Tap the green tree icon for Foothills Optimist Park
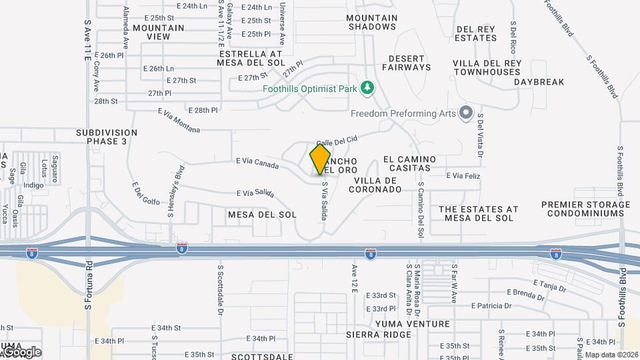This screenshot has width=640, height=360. click(366, 87)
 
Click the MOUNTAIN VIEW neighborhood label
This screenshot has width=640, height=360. click(159, 33)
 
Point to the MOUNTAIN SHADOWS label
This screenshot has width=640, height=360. click(372, 23)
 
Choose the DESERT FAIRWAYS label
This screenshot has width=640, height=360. click(407, 63)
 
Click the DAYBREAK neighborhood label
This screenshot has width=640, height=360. click(539, 82)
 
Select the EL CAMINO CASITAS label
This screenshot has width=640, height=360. click(410, 164)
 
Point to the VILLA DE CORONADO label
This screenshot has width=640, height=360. click(378, 185)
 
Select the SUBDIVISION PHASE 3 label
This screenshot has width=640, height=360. click(106, 137)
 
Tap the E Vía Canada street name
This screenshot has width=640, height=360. click(257, 163)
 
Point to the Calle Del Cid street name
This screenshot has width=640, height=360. click(337, 140)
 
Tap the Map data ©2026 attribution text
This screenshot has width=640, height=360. click(611, 355)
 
